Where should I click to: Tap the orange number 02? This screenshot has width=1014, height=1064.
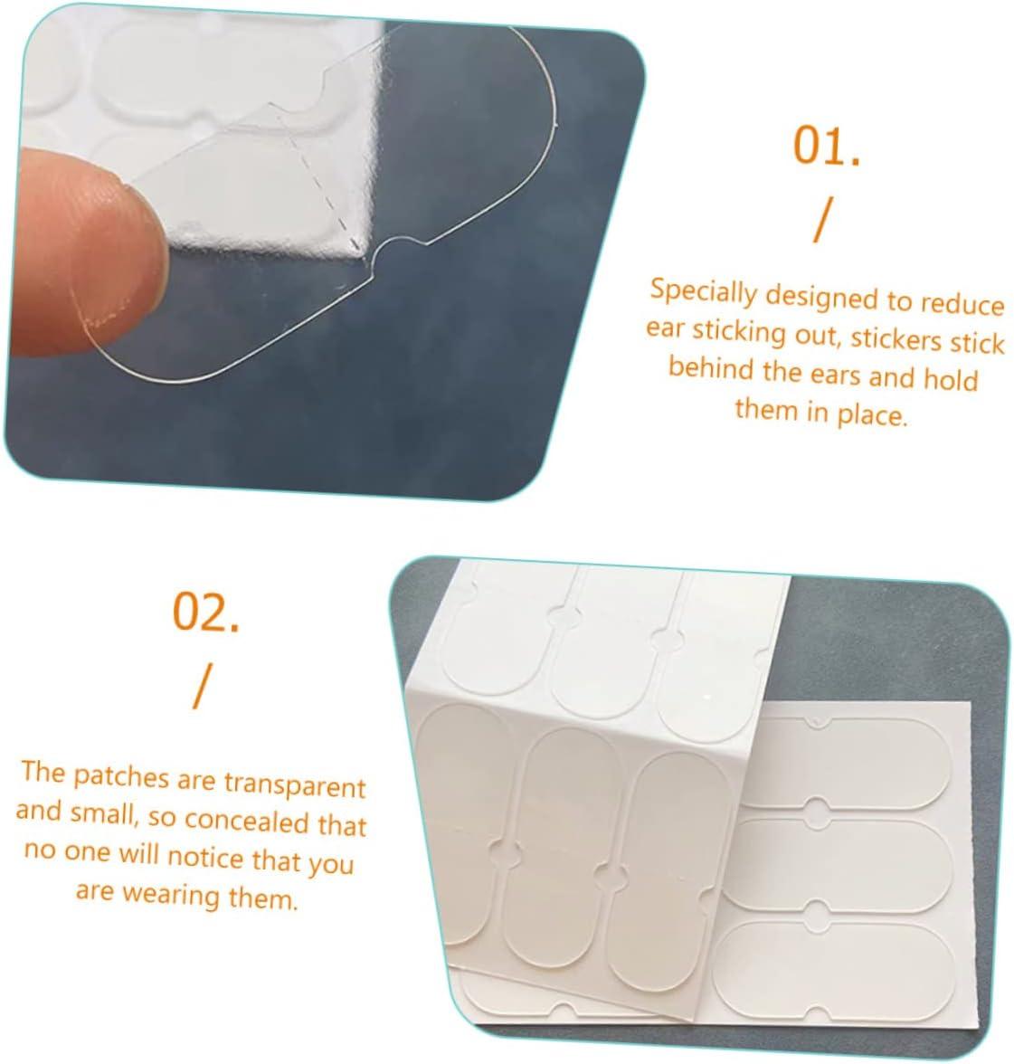(206, 613)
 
